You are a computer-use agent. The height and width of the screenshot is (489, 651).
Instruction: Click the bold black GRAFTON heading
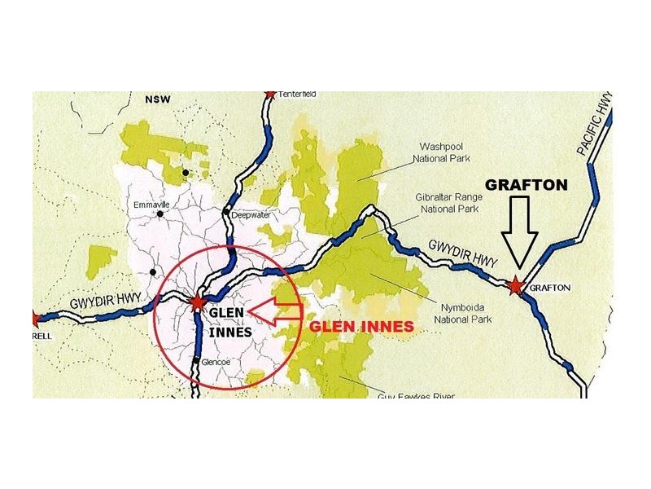(526, 185)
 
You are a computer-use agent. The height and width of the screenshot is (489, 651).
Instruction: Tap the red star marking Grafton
(514, 286)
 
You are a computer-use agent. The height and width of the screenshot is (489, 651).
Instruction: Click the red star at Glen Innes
(197, 303)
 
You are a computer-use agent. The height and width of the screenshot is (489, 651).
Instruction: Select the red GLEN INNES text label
(360, 326)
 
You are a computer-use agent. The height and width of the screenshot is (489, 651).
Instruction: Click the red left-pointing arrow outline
(273, 311)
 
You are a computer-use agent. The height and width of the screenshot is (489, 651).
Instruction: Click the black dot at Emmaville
(160, 214)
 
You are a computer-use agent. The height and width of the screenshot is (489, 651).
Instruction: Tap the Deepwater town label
(251, 216)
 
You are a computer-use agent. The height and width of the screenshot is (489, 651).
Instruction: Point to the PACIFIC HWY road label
(595, 125)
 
